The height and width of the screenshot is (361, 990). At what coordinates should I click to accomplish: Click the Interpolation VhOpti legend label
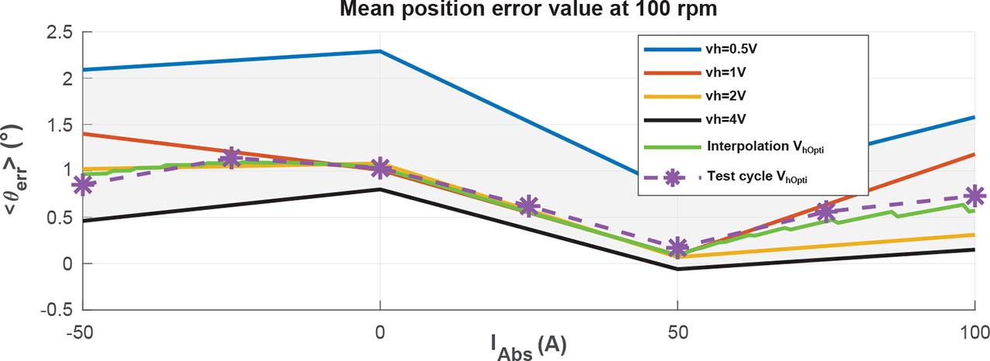[x=762, y=146]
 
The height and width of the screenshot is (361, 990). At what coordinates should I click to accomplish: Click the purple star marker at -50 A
[x=83, y=185]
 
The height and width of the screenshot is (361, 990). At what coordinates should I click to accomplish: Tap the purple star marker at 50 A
[x=678, y=248]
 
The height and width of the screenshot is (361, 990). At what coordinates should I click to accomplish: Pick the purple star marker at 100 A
[x=975, y=196]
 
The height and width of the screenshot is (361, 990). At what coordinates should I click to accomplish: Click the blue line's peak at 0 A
[x=380, y=51]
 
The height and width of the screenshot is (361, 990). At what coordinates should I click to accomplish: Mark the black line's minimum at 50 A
[x=678, y=269]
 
